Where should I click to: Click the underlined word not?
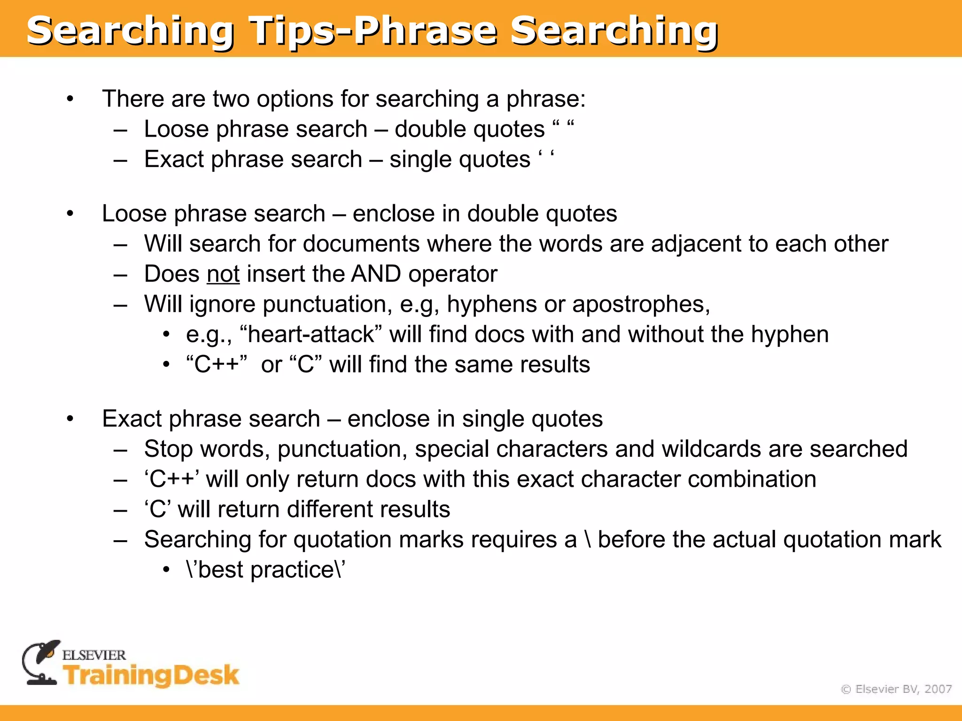point(223,274)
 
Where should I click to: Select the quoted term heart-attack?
point(310,335)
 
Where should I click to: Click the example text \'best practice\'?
point(265,570)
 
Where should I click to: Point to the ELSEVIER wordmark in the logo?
point(94,655)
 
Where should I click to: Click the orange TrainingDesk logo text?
point(151,675)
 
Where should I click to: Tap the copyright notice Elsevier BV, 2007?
point(896,689)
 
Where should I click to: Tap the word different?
point(323,510)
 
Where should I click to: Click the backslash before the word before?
point(588,540)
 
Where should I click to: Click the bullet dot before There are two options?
point(70,99)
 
